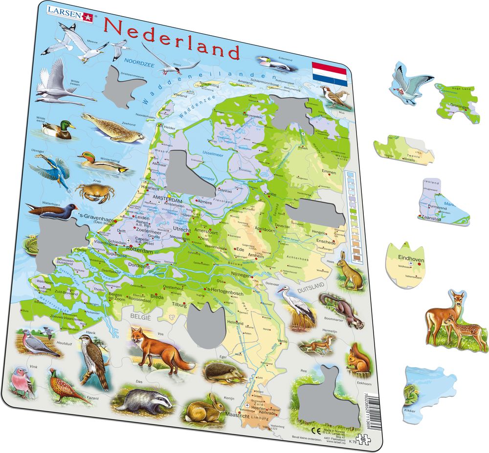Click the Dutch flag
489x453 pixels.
coord(330,73)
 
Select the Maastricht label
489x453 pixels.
coord(239,415)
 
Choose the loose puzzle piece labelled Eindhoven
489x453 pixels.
coord(409,263)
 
